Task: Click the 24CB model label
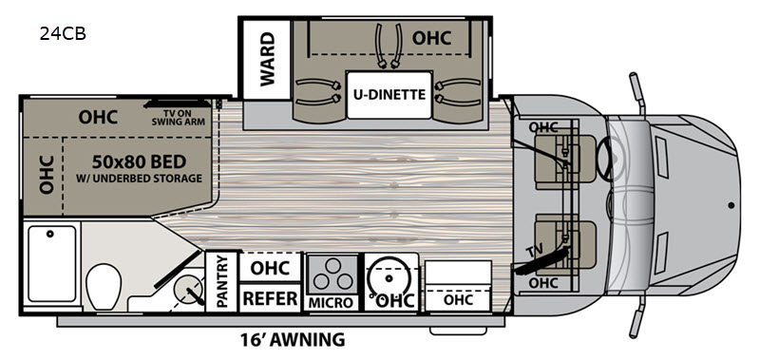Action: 63,34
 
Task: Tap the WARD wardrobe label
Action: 267,59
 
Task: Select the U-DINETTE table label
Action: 389,94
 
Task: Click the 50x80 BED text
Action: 139,161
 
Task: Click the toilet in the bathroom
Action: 104,286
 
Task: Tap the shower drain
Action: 49,234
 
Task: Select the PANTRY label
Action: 222,281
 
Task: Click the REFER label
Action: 270,298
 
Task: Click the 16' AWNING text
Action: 293,340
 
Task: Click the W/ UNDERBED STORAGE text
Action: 139,179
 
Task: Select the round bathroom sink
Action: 188,287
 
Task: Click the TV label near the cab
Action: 535,252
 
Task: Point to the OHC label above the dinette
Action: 431,38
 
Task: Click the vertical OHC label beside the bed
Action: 46,175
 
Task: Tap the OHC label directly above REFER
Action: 270,268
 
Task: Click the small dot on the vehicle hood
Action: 731,205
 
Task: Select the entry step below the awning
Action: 459,331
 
